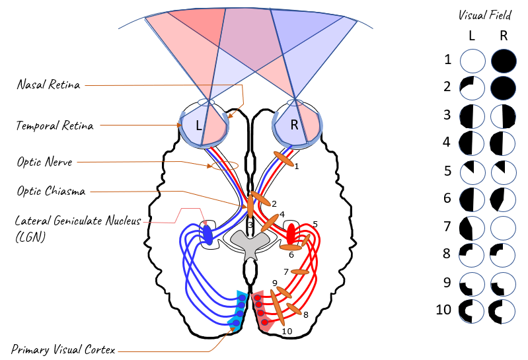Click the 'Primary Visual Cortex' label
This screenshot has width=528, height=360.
tap(63, 349)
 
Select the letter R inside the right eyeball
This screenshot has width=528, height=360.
tap(293, 124)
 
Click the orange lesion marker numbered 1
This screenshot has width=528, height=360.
tap(285, 158)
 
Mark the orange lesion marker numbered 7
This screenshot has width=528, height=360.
tap(300, 271)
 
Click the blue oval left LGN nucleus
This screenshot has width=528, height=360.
tap(207, 234)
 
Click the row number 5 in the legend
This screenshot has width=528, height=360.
tap(448, 171)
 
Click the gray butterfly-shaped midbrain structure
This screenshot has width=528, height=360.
tap(249, 247)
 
